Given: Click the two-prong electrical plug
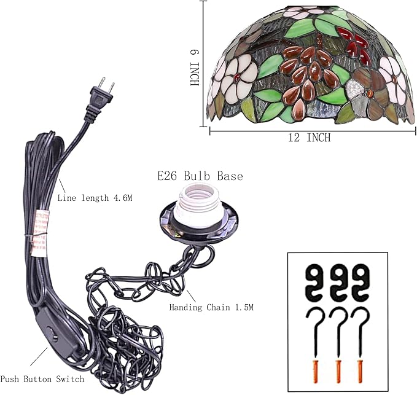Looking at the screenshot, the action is coord(99,101).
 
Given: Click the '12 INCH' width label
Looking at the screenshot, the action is coord(310,138).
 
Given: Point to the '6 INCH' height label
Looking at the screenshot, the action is coord(195,68).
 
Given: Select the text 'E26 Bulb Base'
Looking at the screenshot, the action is coord(200,176).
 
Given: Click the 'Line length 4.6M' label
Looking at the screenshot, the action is coord(95,198).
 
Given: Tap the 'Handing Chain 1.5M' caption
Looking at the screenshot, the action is coord(211,307).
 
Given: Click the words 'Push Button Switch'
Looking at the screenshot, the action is coord(42,379).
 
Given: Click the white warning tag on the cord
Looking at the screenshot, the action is coord(39,234).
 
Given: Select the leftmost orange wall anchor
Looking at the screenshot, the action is coord(315,371).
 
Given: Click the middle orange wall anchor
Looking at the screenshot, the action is coord(338,371).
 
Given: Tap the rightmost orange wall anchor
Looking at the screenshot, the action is coord(360,371).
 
